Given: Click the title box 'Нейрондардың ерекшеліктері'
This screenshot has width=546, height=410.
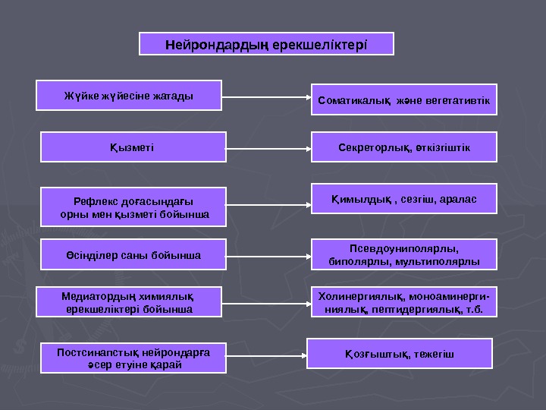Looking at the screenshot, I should click(266, 44).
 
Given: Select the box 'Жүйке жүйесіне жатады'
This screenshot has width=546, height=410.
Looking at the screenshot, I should click(129, 96).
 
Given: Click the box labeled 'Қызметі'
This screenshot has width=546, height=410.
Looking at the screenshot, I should click(133, 147).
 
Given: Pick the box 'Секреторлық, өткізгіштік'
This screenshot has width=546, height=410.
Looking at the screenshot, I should click(404, 147).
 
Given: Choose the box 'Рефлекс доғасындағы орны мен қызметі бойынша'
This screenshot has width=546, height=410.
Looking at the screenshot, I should click(133, 207).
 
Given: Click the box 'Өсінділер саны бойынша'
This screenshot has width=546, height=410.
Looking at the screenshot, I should click(133, 254).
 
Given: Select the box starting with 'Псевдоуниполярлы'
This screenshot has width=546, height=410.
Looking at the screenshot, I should click(404, 254).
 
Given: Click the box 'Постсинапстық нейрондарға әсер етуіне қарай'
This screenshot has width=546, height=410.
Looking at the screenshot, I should click(133, 357).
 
